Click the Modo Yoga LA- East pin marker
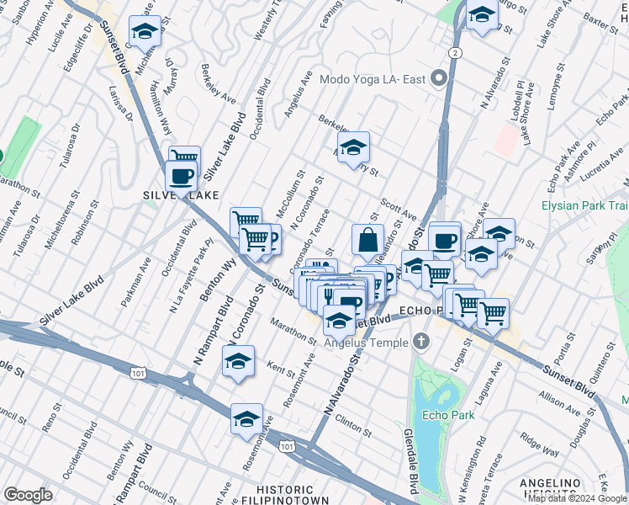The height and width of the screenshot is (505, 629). point(438,81)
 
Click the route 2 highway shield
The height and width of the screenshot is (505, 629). point(454,52)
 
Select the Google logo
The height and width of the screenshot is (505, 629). point(28,494)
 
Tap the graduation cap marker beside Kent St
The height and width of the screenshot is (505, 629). point(239,361)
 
